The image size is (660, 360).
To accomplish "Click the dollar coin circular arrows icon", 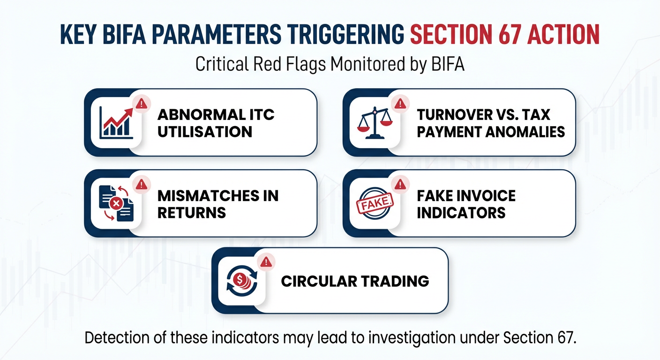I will [x=241, y=281].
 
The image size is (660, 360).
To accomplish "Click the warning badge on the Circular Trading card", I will [x=266, y=261].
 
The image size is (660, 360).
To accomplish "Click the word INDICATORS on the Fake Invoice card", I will [x=461, y=213].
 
